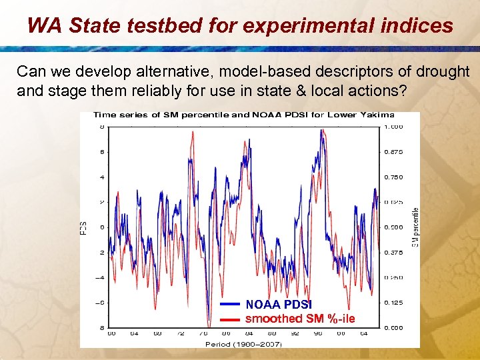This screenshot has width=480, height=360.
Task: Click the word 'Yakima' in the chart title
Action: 377,115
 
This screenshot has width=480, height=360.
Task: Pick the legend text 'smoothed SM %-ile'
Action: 300,319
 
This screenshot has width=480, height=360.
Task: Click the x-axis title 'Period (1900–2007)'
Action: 243,343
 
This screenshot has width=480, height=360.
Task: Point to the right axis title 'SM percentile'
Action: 415,227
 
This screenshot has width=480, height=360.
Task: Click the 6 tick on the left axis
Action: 101,152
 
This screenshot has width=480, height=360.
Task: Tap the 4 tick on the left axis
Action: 101,177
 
